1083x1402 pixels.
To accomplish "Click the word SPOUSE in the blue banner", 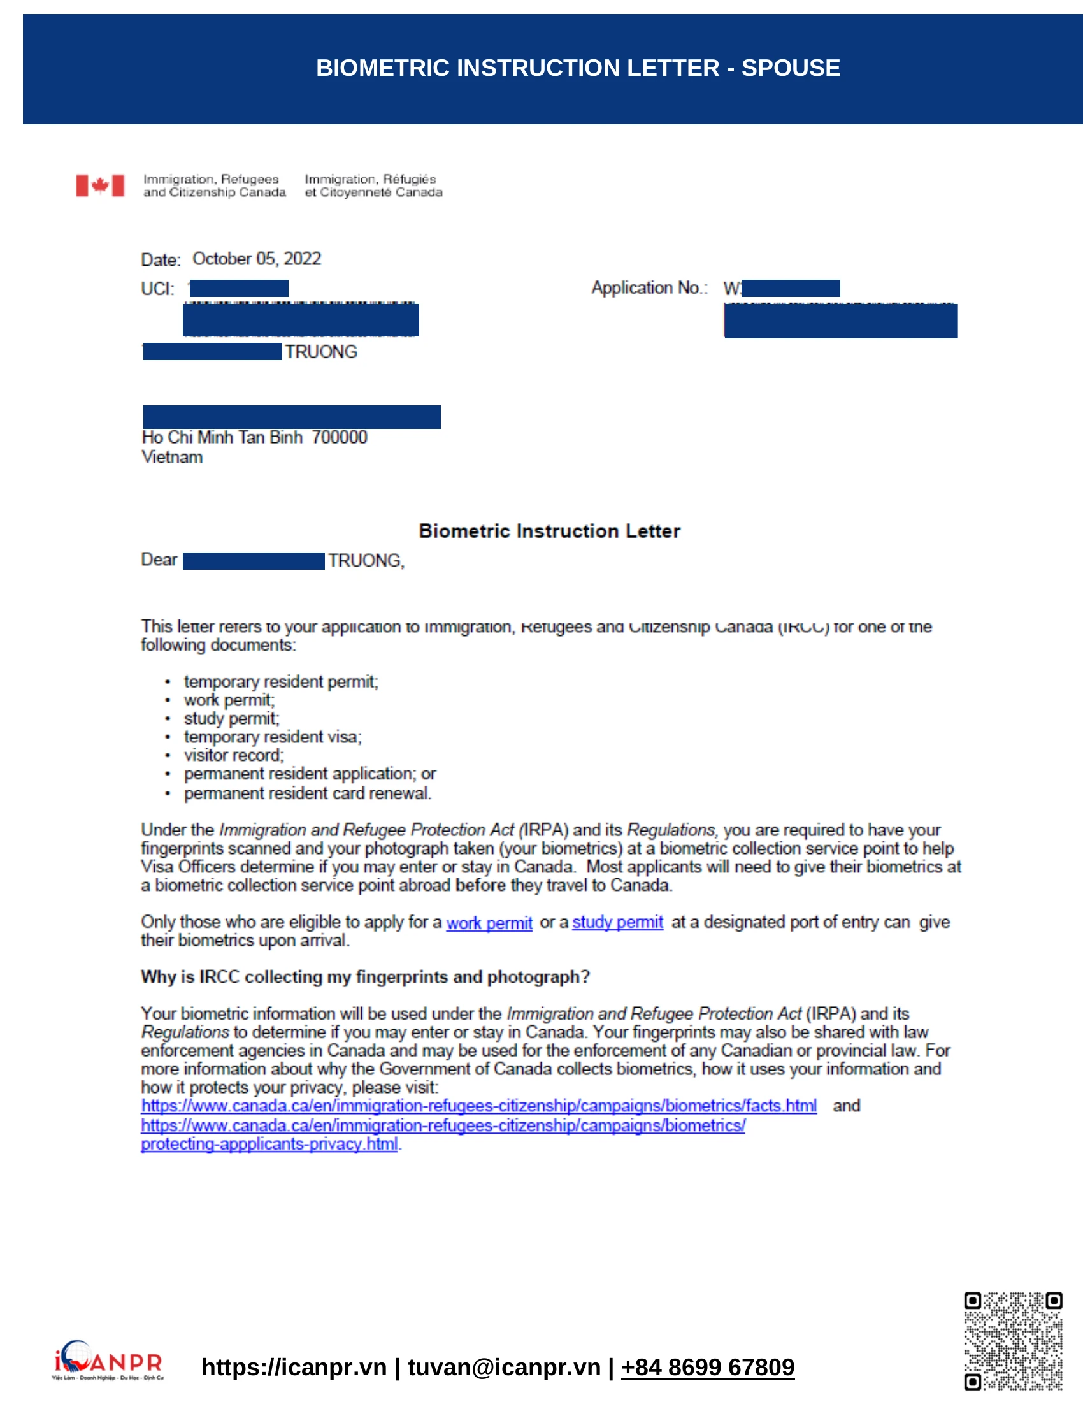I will [791, 68].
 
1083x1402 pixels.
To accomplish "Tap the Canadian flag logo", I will [99, 185].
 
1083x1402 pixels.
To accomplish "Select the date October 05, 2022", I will [257, 259].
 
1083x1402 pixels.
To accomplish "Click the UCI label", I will [157, 289].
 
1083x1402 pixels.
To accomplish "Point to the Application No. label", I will [649, 287].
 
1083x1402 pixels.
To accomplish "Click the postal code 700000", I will [340, 437].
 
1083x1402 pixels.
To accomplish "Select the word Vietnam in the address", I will [172, 457].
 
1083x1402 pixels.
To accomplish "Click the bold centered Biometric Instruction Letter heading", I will [549, 531].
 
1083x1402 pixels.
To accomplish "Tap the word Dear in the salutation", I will [159, 560].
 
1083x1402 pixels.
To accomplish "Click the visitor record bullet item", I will [234, 755].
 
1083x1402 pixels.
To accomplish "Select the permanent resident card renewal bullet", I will [307, 793].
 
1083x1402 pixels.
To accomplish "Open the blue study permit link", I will [617, 923].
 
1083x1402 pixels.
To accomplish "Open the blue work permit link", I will [489, 923].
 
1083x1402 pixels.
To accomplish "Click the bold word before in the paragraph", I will [480, 885].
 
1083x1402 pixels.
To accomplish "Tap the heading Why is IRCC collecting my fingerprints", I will [365, 977].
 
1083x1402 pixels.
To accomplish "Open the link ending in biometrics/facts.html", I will [478, 1106].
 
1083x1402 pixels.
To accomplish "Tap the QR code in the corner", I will [1012, 1341].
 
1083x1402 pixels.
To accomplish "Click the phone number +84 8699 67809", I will [707, 1368].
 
